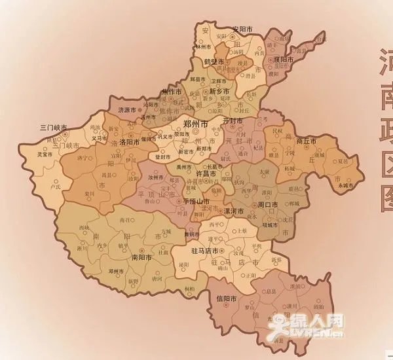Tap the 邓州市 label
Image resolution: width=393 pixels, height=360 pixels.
[x=117, y=270]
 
